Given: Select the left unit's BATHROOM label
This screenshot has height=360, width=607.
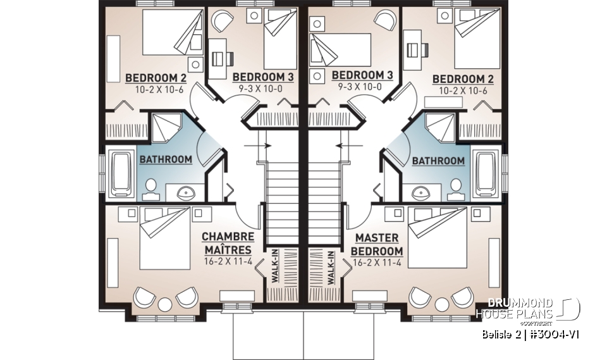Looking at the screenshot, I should [x=166, y=159].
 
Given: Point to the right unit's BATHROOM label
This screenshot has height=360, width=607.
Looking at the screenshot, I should [x=438, y=161].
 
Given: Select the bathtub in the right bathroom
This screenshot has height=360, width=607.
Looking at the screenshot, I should [x=488, y=173].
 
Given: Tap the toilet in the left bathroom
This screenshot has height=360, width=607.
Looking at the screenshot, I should [x=151, y=186].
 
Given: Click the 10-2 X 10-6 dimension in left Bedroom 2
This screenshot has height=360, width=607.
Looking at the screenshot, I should [x=156, y=89].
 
